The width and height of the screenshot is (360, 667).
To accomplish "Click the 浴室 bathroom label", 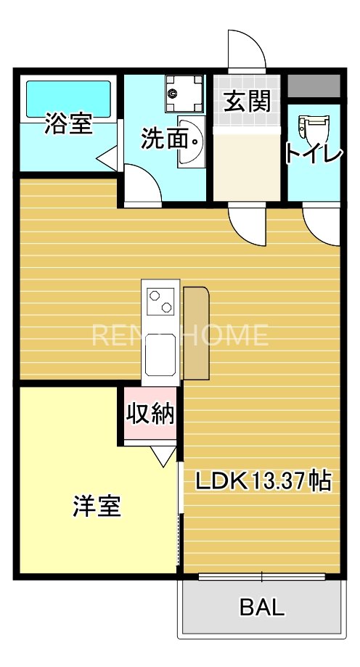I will pos(68,123).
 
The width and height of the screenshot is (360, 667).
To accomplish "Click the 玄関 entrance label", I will pos(246,102).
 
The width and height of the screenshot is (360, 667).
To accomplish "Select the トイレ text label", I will pos(313,154).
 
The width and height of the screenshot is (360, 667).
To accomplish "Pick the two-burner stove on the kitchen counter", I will pos(160,300).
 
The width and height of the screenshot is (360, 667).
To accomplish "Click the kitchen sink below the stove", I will pos(160,350).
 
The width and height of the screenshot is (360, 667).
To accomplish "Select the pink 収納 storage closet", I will pos(150,413).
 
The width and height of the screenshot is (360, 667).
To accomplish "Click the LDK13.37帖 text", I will pos(261,480).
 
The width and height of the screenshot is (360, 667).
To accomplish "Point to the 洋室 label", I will pos(97,506).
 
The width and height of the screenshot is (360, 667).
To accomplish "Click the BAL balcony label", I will pos(261,607).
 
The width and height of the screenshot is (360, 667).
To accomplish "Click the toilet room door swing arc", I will pos(319,225).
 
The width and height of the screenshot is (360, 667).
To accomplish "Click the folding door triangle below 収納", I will pos(163,455).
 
